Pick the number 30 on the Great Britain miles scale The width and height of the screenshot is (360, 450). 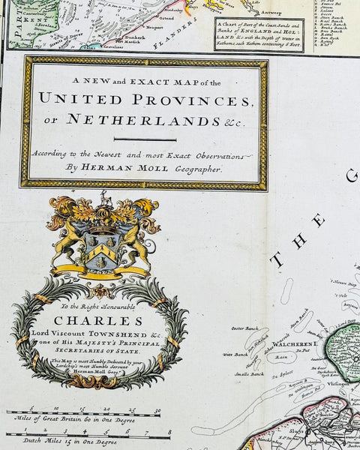(x=157, y=410)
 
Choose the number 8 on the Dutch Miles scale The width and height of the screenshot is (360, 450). (x=169, y=432)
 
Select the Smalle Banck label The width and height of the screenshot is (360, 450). (x=248, y=373)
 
